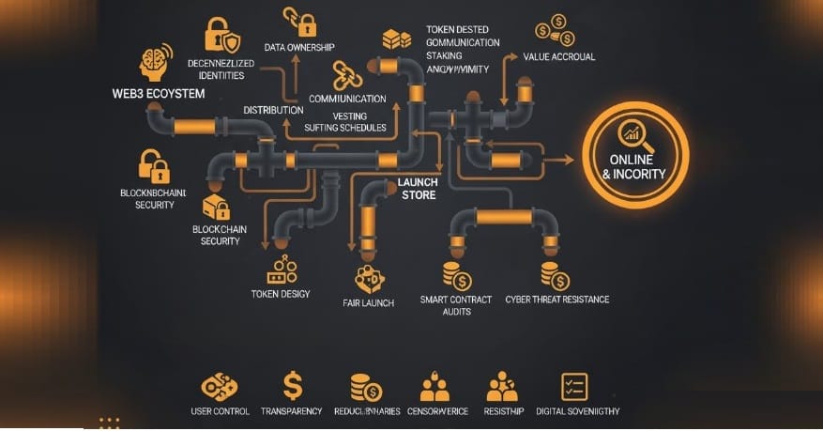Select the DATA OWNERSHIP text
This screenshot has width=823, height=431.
click(x=301, y=47)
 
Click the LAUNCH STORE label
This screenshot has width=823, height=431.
click(x=418, y=189)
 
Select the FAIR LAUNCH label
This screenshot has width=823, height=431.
click(x=369, y=302)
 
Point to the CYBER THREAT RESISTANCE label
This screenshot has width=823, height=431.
click(x=557, y=300)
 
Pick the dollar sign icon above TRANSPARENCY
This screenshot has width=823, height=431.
click(x=293, y=385)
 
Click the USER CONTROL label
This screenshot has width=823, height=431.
click(x=219, y=411)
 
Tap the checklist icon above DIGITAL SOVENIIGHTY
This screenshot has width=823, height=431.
click(x=573, y=386)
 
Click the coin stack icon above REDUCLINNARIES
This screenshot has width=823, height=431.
click(x=365, y=387)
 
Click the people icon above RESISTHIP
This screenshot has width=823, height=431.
click(x=503, y=386)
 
